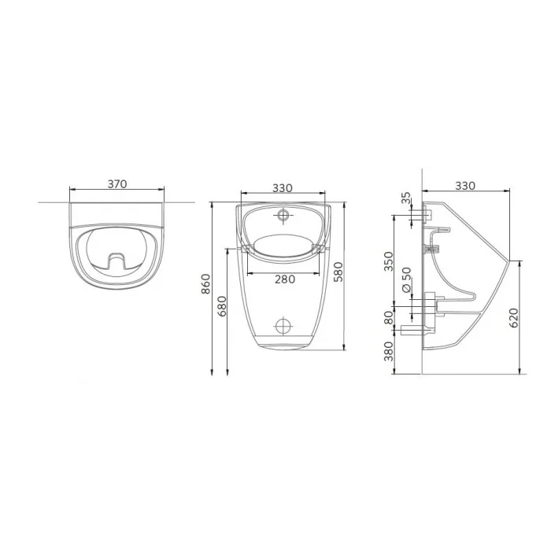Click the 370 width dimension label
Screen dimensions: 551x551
pos(117,183)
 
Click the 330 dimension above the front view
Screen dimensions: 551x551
pos(283,188)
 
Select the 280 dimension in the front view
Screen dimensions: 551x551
pos(285,279)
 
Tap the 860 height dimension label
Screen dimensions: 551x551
pos(205,284)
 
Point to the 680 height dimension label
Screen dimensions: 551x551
pos(222,306)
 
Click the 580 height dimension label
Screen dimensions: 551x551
pos(338,272)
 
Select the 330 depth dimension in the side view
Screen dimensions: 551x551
pos(465,185)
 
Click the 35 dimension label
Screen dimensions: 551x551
pos(406,198)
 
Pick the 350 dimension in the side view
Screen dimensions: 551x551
pos(388,261)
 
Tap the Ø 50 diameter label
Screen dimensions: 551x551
pos(406,279)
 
